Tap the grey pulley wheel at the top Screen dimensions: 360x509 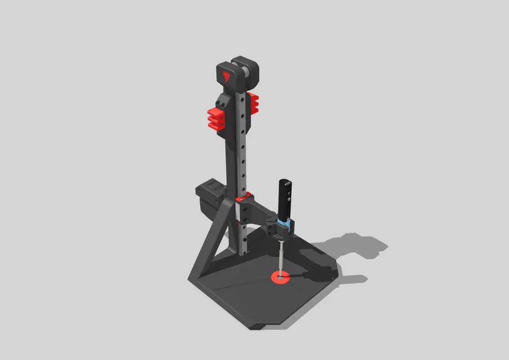click(246, 72)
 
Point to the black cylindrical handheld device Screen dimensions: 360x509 click(286, 199)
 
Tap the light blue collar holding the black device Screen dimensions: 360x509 click(284, 222)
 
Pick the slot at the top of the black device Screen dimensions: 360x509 click(288, 183)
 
